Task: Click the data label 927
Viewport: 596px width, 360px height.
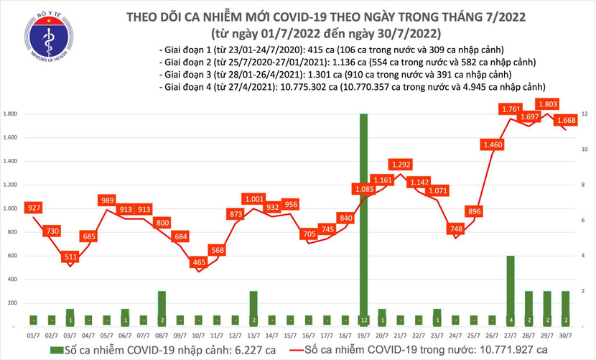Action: (x=33, y=208)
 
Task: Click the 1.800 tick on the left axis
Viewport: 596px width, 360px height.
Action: (x=11, y=114)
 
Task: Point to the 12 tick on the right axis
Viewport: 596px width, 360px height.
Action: (x=586, y=114)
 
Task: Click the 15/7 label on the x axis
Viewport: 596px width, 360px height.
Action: (x=288, y=336)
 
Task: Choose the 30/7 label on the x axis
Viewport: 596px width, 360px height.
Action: (x=567, y=336)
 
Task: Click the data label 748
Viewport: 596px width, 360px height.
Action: (x=455, y=229)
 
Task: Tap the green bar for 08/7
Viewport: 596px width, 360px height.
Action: (x=162, y=308)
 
